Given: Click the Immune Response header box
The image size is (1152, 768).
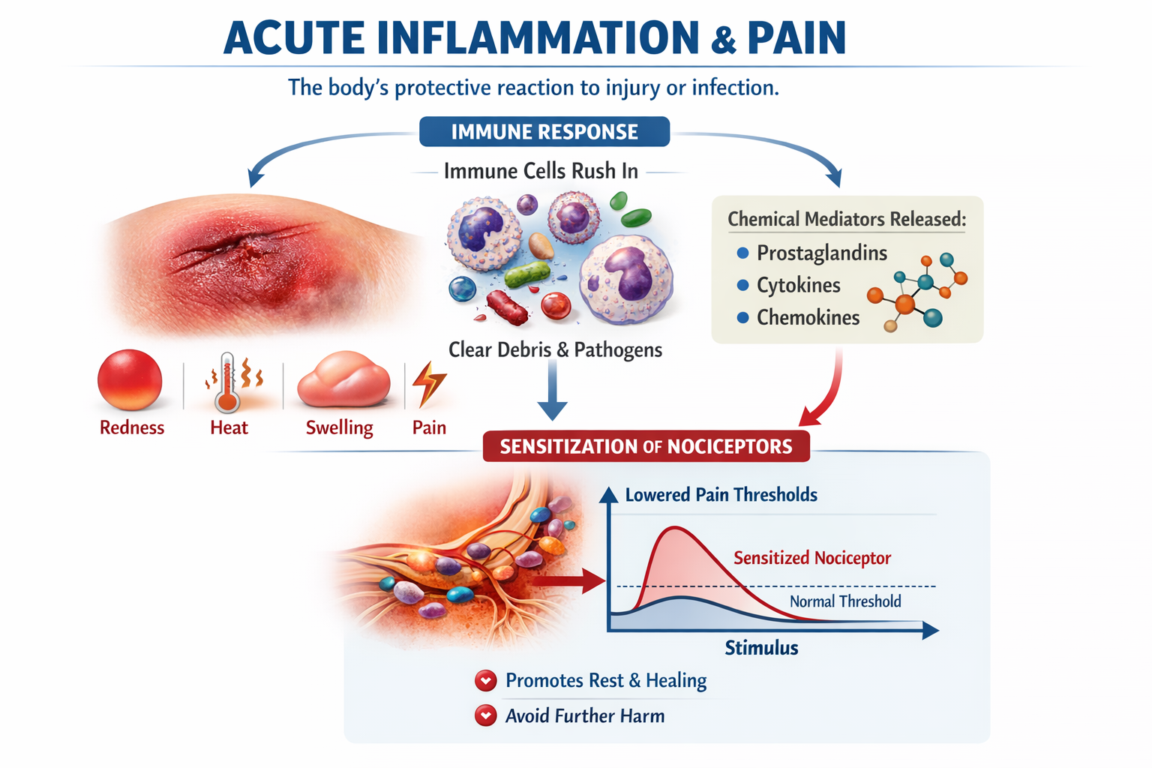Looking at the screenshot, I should [544, 132].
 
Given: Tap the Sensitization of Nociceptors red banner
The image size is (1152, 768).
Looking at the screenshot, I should [646, 446].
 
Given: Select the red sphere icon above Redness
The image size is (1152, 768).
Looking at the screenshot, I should [130, 380].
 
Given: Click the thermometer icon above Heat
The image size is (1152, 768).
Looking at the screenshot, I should [227, 382].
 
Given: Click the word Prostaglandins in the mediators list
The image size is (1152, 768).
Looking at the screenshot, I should [821, 253].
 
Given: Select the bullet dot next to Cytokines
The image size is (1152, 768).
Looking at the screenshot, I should [742, 285].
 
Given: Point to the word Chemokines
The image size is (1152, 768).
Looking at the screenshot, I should [808, 318].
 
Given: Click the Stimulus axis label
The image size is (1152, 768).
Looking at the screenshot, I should [761, 648].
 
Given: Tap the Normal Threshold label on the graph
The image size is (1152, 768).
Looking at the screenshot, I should [845, 601].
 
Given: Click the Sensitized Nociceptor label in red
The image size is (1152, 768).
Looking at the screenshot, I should [811, 558].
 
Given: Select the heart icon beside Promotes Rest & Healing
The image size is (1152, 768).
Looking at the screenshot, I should [486, 681].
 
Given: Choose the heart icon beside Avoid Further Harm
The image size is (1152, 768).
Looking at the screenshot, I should [486, 715].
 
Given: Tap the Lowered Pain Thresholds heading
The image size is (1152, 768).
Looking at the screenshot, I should [721, 495].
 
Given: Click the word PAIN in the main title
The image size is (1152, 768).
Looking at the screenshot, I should [796, 39].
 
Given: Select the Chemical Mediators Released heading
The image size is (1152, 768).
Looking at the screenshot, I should [847, 219].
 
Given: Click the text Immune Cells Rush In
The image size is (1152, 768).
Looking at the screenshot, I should [541, 172].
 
